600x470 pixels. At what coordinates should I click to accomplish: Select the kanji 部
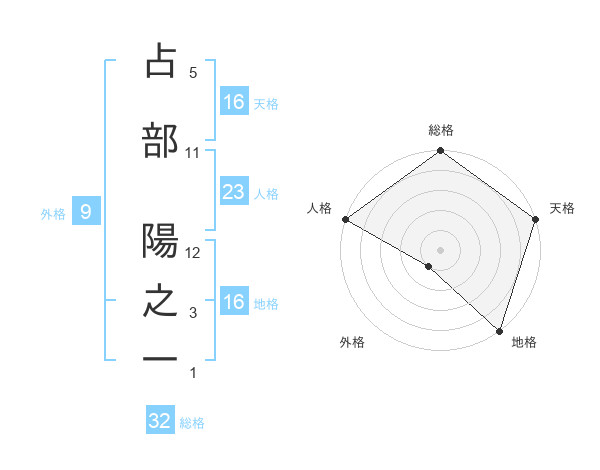coord(160,140)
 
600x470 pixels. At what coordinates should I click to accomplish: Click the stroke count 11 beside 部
coord(192,153)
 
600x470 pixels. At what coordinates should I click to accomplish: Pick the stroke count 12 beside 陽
coord(193,254)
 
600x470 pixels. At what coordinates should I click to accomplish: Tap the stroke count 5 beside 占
coord(192,73)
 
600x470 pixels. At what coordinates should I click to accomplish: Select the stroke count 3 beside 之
coord(193,314)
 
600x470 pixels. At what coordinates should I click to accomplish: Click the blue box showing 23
coord(233,193)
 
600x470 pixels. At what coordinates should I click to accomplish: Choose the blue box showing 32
coord(160,421)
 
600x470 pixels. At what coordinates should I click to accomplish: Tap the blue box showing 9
coord(86,212)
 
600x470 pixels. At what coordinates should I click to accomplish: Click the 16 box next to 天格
coord(233,102)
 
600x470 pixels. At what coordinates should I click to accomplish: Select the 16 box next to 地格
coord(233,302)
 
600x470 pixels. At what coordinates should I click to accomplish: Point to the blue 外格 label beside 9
coord(53,213)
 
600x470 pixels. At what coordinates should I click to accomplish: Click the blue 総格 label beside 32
coord(192,423)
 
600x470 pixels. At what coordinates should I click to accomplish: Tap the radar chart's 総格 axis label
coord(440,130)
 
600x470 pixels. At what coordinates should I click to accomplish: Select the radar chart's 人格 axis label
coord(320,208)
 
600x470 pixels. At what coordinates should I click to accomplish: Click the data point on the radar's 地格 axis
coord(499,330)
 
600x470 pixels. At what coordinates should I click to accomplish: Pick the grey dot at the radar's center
coord(440,249)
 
